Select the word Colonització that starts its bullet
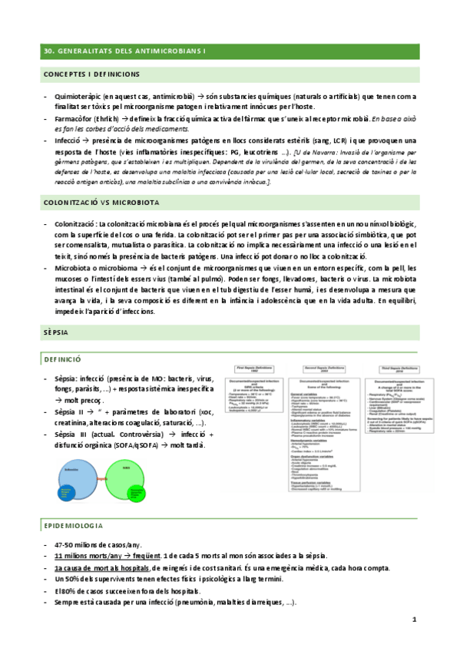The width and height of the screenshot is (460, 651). pyautogui.click(x=75, y=223)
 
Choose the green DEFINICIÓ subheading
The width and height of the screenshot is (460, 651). pyautogui.click(x=64, y=359)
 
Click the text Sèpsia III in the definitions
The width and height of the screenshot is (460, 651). pyautogui.click(x=72, y=412)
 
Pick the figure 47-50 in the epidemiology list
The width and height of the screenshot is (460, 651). pyautogui.click(x=64, y=544)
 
